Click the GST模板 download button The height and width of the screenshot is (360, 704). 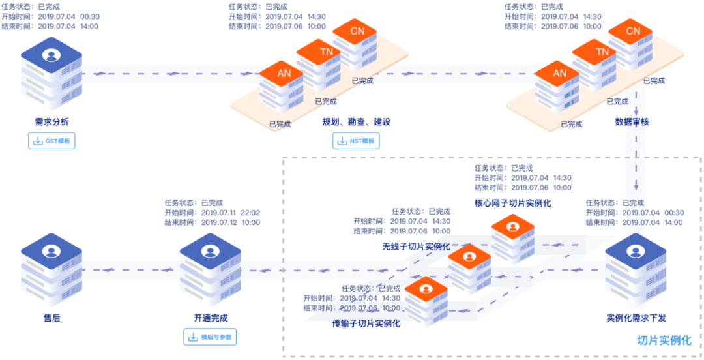[52, 141]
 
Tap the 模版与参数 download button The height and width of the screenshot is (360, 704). [211, 337]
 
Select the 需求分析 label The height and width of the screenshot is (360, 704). [52, 122]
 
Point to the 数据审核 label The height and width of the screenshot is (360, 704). [632, 122]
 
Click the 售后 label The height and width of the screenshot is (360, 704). [52, 318]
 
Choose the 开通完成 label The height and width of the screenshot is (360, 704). [211, 318]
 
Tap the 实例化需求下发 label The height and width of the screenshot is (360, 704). [636, 318]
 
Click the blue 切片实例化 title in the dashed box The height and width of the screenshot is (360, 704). [664, 340]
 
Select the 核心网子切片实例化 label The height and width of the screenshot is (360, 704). [512, 203]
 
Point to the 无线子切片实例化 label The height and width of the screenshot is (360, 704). [416, 247]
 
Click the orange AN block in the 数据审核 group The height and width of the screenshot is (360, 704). [559, 74]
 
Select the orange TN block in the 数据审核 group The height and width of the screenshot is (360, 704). [602, 52]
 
